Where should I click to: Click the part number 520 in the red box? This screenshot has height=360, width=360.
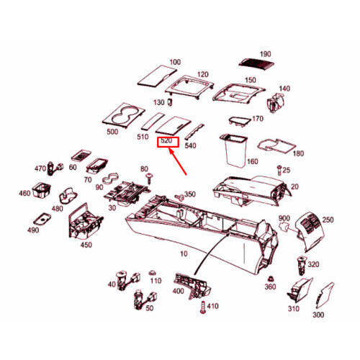(166, 140)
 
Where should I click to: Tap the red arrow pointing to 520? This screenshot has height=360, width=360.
(178, 162)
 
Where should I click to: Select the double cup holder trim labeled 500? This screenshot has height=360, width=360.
(123, 115)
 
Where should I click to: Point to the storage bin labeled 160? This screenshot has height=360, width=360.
(234, 150)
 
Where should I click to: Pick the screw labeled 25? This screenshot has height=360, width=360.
(279, 170)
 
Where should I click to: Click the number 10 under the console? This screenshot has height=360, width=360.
(184, 253)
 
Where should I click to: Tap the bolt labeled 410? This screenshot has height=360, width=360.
(203, 307)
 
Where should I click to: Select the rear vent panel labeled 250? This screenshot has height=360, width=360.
(310, 231)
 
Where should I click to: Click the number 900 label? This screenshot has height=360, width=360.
(284, 218)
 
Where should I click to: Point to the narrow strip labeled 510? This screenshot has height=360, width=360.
(153, 121)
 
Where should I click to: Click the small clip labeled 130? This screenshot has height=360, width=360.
(170, 102)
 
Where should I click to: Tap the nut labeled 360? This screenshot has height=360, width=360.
(271, 279)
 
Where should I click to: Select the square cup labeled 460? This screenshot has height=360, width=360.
(41, 190)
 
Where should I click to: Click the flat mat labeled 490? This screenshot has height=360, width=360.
(42, 219)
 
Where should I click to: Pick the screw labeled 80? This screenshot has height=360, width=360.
(150, 179)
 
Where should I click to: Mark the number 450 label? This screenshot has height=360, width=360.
(86, 245)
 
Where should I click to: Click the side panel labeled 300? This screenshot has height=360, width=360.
(324, 296)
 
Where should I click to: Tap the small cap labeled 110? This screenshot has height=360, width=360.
(152, 273)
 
